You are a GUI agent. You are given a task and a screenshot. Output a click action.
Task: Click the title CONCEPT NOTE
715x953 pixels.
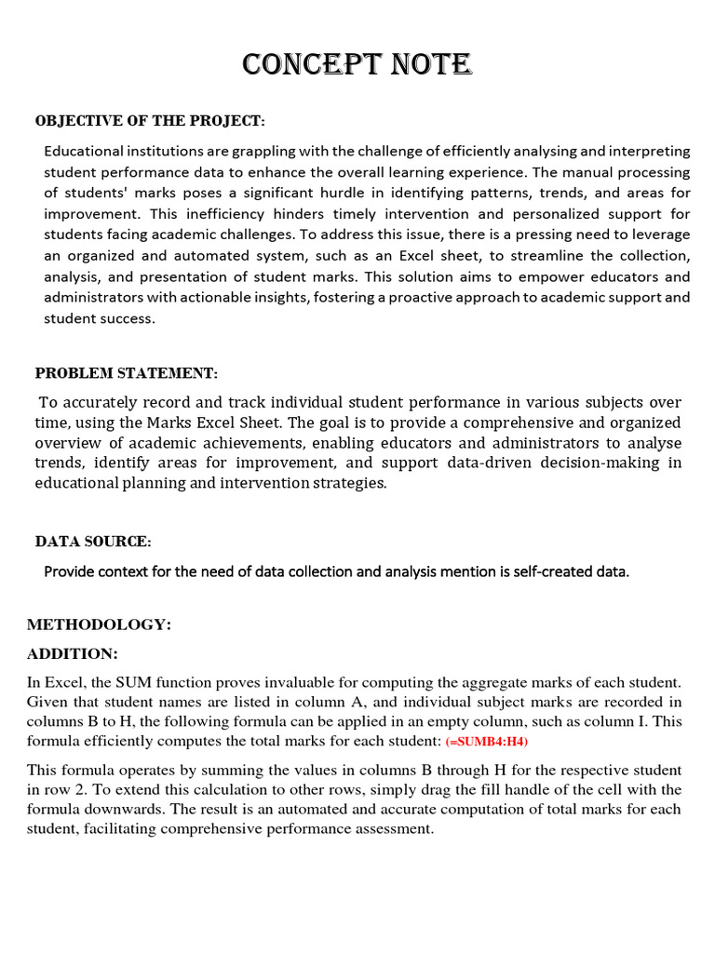(x=357, y=64)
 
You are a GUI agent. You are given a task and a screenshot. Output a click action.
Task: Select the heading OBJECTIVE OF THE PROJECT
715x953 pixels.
(x=150, y=122)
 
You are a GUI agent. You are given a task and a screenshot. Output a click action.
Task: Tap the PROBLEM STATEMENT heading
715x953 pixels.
(x=127, y=373)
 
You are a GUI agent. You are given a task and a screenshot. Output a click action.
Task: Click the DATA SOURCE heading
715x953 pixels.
(x=93, y=542)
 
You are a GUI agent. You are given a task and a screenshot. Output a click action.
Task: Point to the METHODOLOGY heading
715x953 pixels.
(x=99, y=624)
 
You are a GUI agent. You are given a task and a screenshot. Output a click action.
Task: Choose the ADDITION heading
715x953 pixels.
(x=73, y=653)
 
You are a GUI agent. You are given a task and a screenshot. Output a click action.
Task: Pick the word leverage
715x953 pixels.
(x=658, y=235)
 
